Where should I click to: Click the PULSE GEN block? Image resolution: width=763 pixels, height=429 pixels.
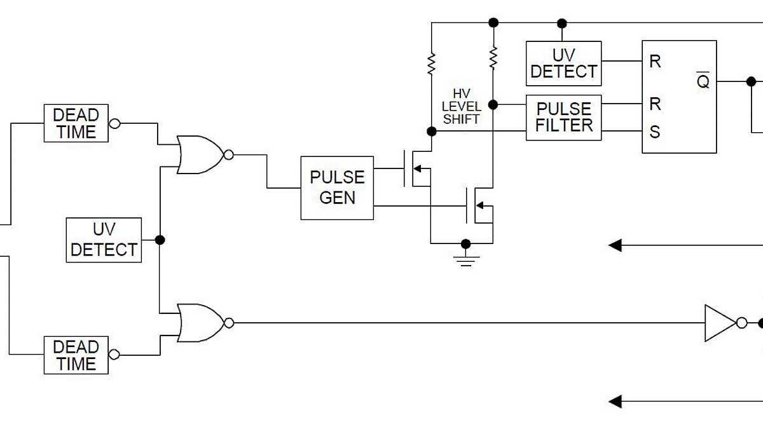point(337,188)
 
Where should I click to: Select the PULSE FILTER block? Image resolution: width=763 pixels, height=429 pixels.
point(563,118)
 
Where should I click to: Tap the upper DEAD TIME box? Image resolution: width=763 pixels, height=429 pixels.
point(76,123)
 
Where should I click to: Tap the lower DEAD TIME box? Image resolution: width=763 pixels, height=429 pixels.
point(76,355)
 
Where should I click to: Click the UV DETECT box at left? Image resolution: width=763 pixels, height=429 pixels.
point(104,240)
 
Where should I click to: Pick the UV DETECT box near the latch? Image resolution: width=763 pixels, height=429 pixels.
point(563,64)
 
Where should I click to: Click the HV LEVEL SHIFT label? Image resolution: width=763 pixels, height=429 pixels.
point(461,106)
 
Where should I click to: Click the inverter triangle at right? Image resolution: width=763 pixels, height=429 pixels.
point(718,323)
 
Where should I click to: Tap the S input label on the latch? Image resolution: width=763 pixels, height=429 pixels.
point(655,132)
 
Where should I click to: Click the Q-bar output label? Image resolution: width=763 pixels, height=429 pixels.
point(703,81)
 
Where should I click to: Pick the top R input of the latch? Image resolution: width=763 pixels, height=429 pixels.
point(655,62)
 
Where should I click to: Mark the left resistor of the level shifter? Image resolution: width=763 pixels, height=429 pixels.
point(432,63)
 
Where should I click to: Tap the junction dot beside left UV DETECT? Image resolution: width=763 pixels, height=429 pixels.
point(160,240)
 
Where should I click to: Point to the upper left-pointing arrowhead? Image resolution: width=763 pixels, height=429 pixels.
point(615,245)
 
